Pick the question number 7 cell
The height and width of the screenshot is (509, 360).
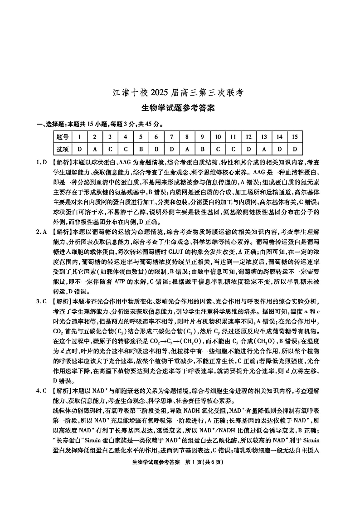coord(171,137)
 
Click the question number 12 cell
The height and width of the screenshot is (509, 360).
coord(248,137)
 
